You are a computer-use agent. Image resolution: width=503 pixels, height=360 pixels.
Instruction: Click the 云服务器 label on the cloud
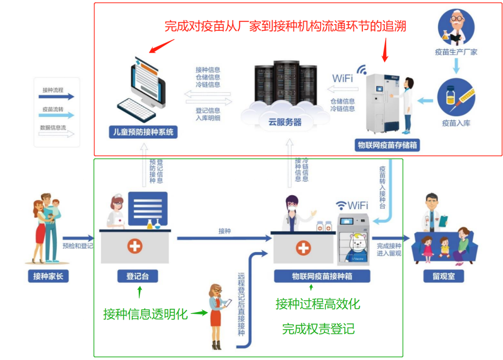point(285,122)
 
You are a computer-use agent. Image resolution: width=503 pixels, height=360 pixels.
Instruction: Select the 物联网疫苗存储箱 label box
point(387,145)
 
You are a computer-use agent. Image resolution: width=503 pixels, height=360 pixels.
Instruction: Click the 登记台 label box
point(137,276)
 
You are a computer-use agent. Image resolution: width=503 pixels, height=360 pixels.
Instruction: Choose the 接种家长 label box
point(48,276)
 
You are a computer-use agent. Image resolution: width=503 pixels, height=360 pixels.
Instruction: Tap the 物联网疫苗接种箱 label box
point(322,276)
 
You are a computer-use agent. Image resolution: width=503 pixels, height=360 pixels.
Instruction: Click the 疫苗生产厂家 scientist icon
point(456,27)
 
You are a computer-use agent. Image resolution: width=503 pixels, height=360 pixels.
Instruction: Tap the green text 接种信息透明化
point(145,314)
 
